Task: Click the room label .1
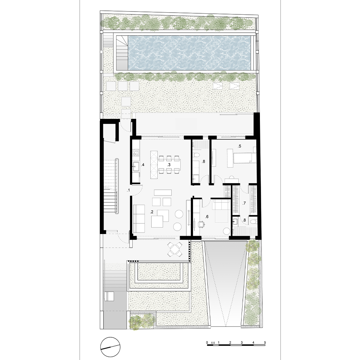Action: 129,190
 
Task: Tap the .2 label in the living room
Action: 152,212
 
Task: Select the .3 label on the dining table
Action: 169,165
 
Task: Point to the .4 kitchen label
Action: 143,165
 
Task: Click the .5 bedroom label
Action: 239,146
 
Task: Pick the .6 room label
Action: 207,217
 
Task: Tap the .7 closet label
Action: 244,203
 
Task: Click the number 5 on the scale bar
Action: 265,343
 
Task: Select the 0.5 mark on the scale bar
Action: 213,343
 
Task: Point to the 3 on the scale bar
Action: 242,343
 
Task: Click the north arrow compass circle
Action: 111,347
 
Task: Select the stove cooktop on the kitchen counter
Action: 135,152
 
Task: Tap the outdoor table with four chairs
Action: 175,249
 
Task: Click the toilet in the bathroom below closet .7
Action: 253,221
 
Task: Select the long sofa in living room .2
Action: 139,218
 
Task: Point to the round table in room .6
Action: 227,231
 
